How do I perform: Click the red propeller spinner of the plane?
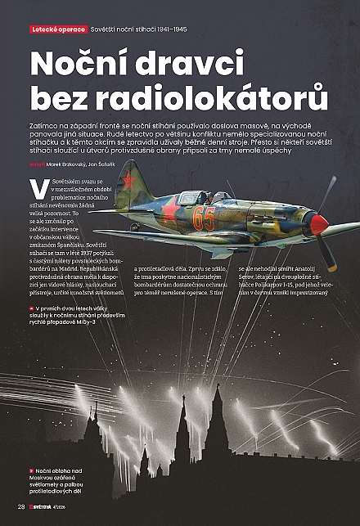click(x=318, y=224)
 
